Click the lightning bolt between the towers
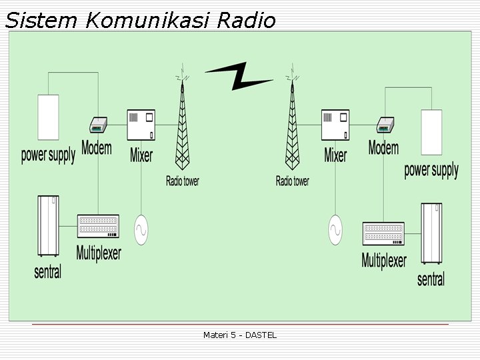239,77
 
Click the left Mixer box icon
141,125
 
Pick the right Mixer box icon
335,125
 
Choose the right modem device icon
385,125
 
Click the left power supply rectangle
48,118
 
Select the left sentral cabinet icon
47,226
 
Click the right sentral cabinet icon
431,234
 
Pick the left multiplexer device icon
98,227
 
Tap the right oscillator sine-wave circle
336,230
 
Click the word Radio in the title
245,21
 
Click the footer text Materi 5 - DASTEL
240,335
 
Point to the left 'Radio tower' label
182,181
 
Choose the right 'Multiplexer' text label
383,260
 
